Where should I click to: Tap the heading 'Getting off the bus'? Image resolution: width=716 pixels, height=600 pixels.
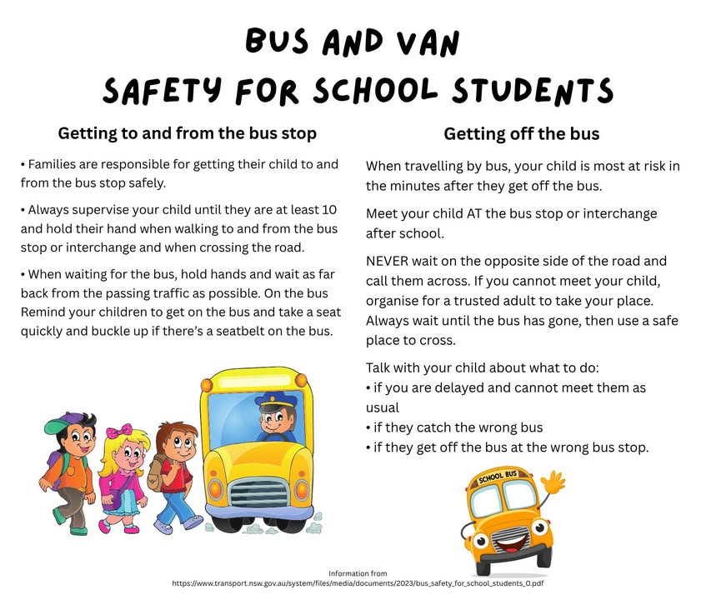point(521,133)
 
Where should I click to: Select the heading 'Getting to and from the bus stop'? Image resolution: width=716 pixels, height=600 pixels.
point(187,133)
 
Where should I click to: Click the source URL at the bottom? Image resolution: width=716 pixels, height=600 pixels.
point(358,584)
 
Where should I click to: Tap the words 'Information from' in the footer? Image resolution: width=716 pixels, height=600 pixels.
point(358,573)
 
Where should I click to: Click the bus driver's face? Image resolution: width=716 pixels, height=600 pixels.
point(275,423)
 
